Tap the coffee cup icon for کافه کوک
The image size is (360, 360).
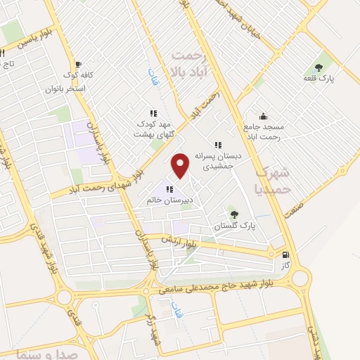click(77, 64)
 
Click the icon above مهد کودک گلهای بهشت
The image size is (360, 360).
click(153, 113)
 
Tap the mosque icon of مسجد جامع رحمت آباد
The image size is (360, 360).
click(263, 117)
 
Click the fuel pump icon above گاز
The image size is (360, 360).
click(285, 256)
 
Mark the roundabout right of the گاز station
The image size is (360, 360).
click(300, 278)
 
